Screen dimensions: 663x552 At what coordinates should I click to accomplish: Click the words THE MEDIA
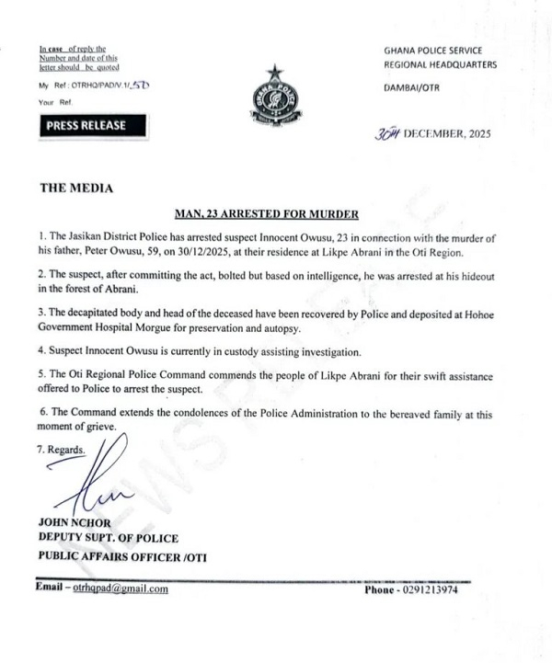[x=76, y=189]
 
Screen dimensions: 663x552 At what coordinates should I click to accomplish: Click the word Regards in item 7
[x=65, y=451]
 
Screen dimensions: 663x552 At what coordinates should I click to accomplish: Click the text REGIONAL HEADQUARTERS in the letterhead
[x=441, y=64]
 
